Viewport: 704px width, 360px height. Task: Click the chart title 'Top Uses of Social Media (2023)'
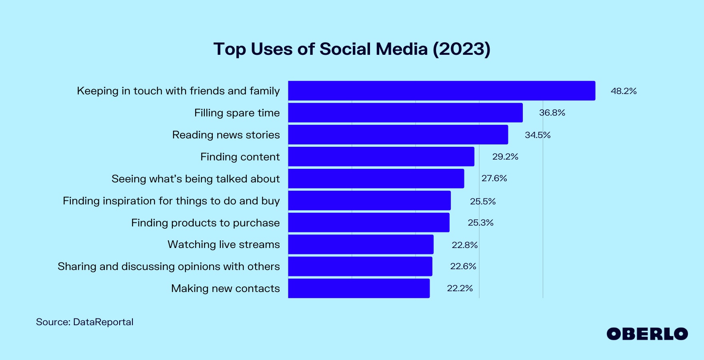pyautogui.click(x=352, y=49)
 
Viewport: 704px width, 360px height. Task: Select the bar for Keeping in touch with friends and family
pyautogui.click(x=442, y=91)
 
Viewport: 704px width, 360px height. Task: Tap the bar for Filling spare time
pyautogui.click(x=405, y=113)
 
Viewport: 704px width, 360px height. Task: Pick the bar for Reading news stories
pyautogui.click(x=398, y=135)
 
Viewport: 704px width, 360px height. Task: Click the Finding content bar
pyautogui.click(x=381, y=157)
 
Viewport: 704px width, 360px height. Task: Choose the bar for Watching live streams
pyautogui.click(x=361, y=244)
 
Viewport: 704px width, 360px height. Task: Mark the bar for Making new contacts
pyautogui.click(x=359, y=288)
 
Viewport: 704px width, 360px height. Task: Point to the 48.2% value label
pyautogui.click(x=624, y=91)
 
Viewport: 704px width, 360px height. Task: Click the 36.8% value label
pyautogui.click(x=552, y=113)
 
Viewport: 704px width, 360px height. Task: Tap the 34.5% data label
pyautogui.click(x=538, y=135)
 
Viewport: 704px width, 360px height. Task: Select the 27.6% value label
pyautogui.click(x=494, y=178)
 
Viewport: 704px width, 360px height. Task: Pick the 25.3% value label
pyautogui.click(x=480, y=223)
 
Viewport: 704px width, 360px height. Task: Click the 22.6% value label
pyautogui.click(x=463, y=266)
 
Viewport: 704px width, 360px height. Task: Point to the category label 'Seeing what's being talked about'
pyautogui.click(x=196, y=179)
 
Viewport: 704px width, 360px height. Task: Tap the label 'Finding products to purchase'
pyautogui.click(x=206, y=223)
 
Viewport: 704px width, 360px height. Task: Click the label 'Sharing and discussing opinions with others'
pyautogui.click(x=169, y=266)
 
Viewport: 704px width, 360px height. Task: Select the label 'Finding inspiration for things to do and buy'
pyautogui.click(x=171, y=201)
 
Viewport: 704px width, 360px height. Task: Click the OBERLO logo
pyautogui.click(x=647, y=334)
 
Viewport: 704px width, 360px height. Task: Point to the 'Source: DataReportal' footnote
pyautogui.click(x=85, y=322)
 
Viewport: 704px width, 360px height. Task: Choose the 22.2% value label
pyautogui.click(x=460, y=288)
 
